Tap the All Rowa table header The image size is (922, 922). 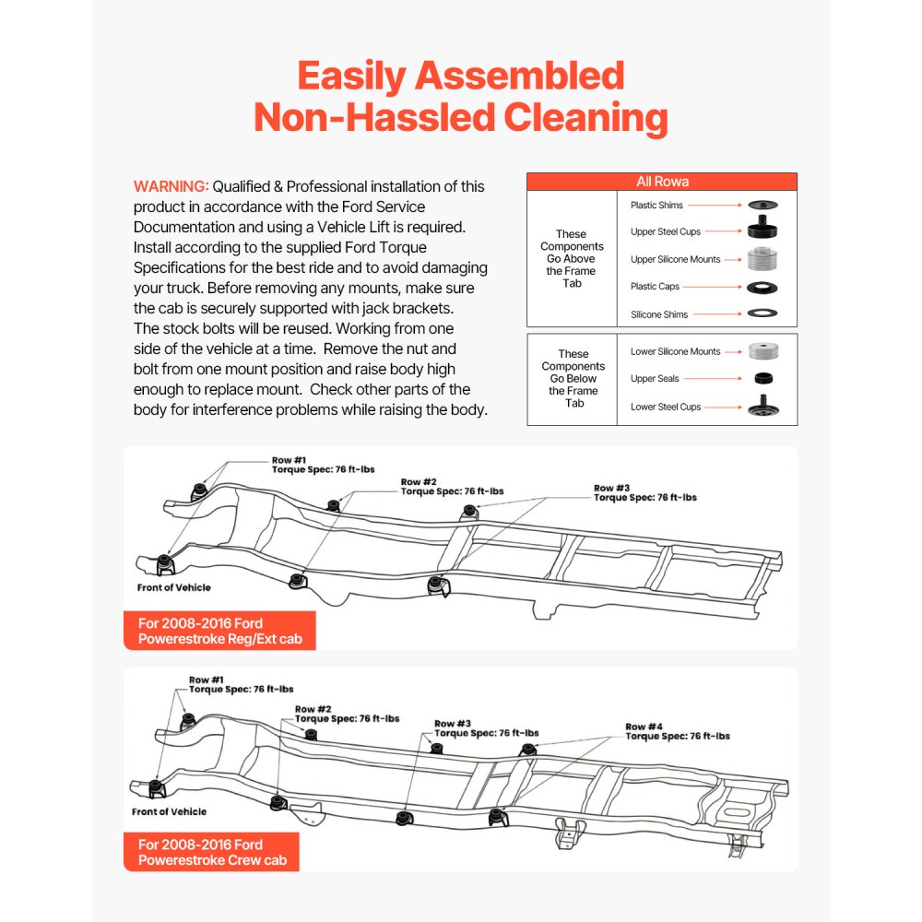[662, 182]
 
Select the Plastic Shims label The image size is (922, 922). [656, 205]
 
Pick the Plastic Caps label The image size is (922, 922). [654, 287]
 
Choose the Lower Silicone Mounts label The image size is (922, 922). [675, 351]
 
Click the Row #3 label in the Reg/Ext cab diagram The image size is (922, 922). [611, 488]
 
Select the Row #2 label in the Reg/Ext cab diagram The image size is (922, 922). [418, 482]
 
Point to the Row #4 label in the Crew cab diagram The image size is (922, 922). [643, 727]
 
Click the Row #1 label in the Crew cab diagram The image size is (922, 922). [207, 679]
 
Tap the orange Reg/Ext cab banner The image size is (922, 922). [219, 631]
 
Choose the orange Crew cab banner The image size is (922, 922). [212, 852]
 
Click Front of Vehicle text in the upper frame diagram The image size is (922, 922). [175, 587]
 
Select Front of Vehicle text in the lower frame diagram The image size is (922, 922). [169, 811]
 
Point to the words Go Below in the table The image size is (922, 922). [573, 378]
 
